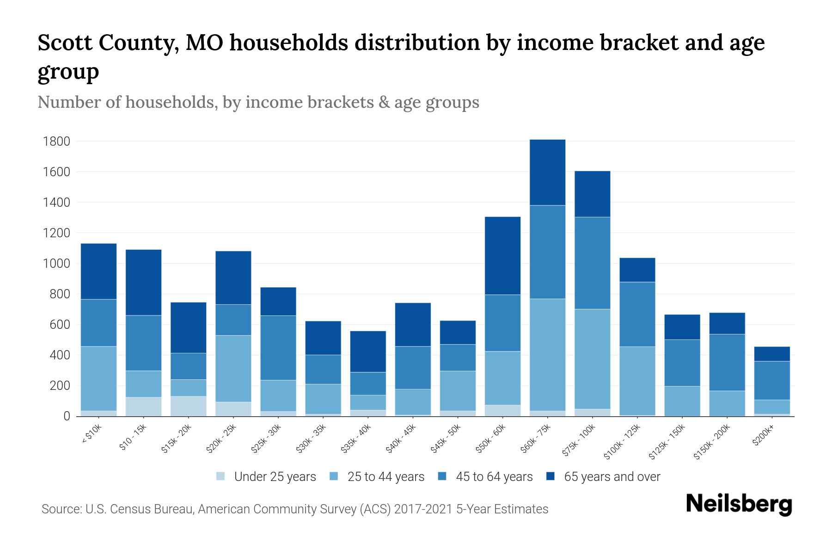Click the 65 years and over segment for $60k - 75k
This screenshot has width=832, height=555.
[547, 172]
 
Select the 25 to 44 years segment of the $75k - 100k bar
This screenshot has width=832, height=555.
[592, 358]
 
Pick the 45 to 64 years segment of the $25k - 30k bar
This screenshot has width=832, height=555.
[278, 348]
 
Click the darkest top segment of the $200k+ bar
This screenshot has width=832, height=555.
[771, 354]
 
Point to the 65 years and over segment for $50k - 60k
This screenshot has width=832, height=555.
[502, 255]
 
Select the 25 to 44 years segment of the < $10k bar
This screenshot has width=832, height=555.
[98, 378]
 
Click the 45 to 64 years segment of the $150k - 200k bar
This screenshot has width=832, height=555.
[727, 362]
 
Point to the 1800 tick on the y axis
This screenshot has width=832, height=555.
[56, 141]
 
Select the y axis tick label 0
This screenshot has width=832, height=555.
[67, 416]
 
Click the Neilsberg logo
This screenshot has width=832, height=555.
[739, 504]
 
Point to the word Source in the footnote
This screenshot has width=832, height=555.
[60, 509]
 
